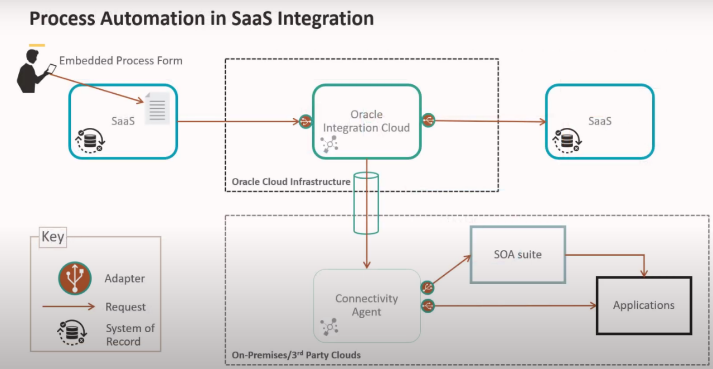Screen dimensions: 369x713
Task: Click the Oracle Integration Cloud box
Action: click(366, 121)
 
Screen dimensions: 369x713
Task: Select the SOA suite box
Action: click(517, 254)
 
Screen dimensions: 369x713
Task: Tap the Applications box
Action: click(643, 305)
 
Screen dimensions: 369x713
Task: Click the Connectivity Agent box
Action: click(366, 305)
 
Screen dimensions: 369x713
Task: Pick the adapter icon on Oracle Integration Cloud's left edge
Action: click(305, 121)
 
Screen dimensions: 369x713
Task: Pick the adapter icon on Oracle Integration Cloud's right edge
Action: click(428, 120)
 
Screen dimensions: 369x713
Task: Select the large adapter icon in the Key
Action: click(74, 278)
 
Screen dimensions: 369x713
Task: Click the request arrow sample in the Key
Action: click(69, 306)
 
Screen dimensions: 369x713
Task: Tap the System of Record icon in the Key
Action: click(71, 334)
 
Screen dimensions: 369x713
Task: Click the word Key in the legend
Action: click(53, 237)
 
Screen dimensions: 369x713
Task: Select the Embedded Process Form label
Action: click(121, 60)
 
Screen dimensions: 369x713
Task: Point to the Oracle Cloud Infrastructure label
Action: click(291, 181)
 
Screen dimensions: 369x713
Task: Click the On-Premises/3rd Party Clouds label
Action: click(296, 355)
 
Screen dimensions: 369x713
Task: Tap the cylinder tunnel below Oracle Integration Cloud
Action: click(366, 203)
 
